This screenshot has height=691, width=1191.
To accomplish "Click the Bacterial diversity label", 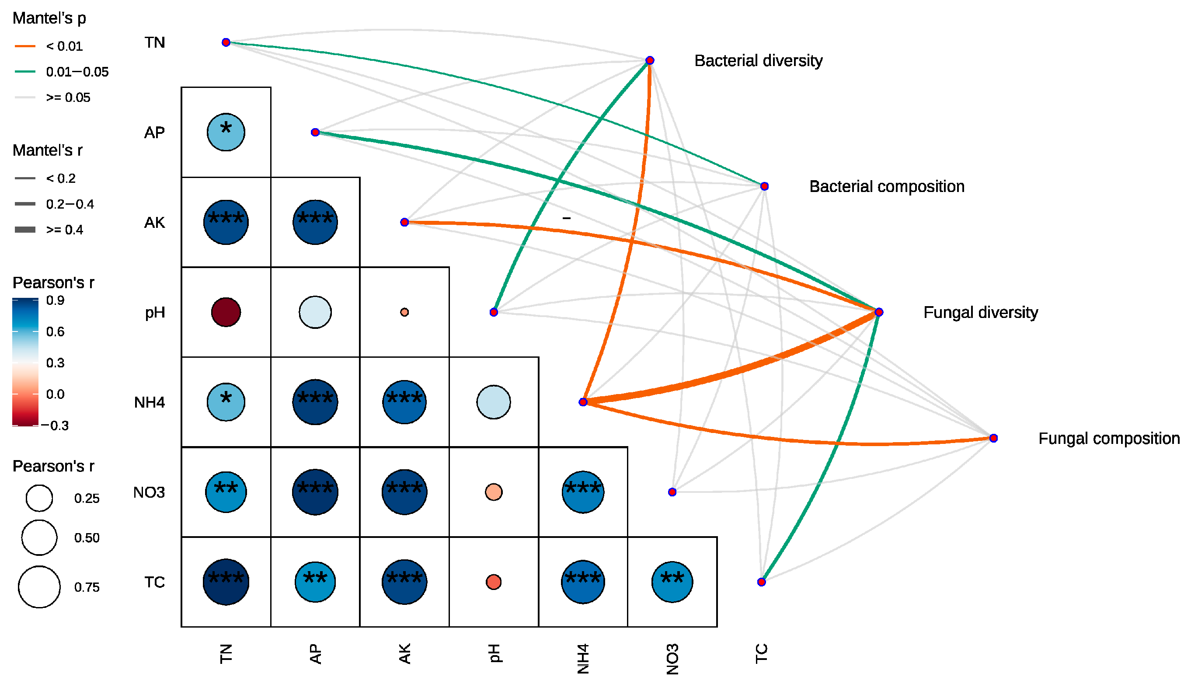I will [x=758, y=61].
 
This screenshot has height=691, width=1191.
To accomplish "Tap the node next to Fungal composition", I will [x=993, y=438].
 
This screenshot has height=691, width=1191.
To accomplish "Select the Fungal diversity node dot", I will [x=878, y=312].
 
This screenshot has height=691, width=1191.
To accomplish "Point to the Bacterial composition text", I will [x=887, y=187].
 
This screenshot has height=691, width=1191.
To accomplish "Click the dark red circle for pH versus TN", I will [x=226, y=312].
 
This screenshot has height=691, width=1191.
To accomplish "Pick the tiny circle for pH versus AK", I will [x=404, y=312].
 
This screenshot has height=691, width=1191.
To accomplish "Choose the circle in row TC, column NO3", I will [x=672, y=582].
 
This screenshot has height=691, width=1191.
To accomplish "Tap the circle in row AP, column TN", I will [x=226, y=133].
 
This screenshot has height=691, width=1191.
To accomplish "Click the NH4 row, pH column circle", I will [x=494, y=402].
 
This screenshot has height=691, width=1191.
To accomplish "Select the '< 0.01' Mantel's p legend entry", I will [x=64, y=46].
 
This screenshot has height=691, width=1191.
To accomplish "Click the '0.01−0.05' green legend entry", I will [x=77, y=72].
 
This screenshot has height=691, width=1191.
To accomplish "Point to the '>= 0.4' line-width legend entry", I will [x=64, y=230].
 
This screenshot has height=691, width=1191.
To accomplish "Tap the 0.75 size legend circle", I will [x=39, y=586].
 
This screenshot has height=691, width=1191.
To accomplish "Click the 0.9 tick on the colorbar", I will [x=55, y=300].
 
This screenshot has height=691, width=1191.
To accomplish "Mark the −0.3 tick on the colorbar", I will [x=55, y=426].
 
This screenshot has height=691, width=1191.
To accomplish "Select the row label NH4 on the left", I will [x=150, y=402].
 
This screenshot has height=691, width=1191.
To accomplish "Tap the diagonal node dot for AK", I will [x=404, y=222].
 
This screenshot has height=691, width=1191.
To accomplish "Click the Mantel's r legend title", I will [x=47, y=150].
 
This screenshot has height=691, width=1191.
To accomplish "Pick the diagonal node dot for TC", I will [x=761, y=582].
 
